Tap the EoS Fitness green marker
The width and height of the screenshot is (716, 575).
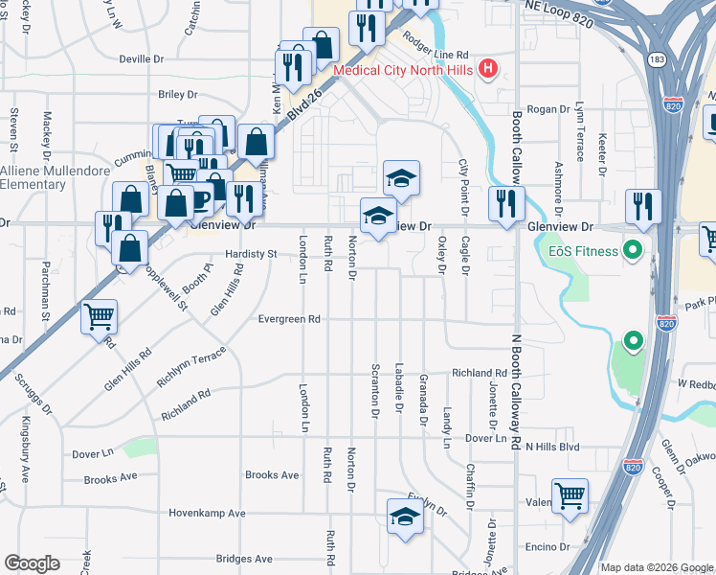(x=632, y=253)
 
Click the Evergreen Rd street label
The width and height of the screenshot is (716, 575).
(x=287, y=319)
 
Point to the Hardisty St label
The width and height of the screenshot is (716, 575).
(x=251, y=255)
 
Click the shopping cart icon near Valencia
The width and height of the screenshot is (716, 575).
(x=570, y=495)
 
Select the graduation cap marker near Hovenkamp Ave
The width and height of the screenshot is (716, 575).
(x=405, y=518)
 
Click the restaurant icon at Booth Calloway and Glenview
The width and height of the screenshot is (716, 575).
(x=506, y=203)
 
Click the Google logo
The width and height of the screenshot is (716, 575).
(x=32, y=563)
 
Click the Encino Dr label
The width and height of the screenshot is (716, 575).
(x=547, y=547)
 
